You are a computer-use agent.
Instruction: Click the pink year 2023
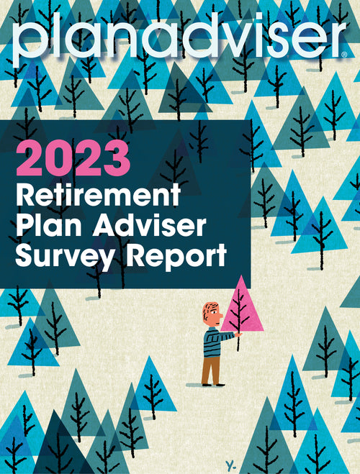pyautogui.click(x=73, y=159)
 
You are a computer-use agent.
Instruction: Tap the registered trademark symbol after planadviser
pyautogui.click(x=344, y=55)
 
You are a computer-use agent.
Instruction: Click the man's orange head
pyautogui.click(x=212, y=314)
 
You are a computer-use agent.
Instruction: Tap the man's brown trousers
pyautogui.click(x=212, y=370)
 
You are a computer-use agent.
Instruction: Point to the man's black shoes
pyautogui.click(x=214, y=385)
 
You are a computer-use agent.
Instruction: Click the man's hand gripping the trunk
pyautogui.click(x=239, y=334)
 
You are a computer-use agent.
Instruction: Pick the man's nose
pyautogui.click(x=220, y=316)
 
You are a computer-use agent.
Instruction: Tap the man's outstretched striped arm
pyautogui.click(x=225, y=336)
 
